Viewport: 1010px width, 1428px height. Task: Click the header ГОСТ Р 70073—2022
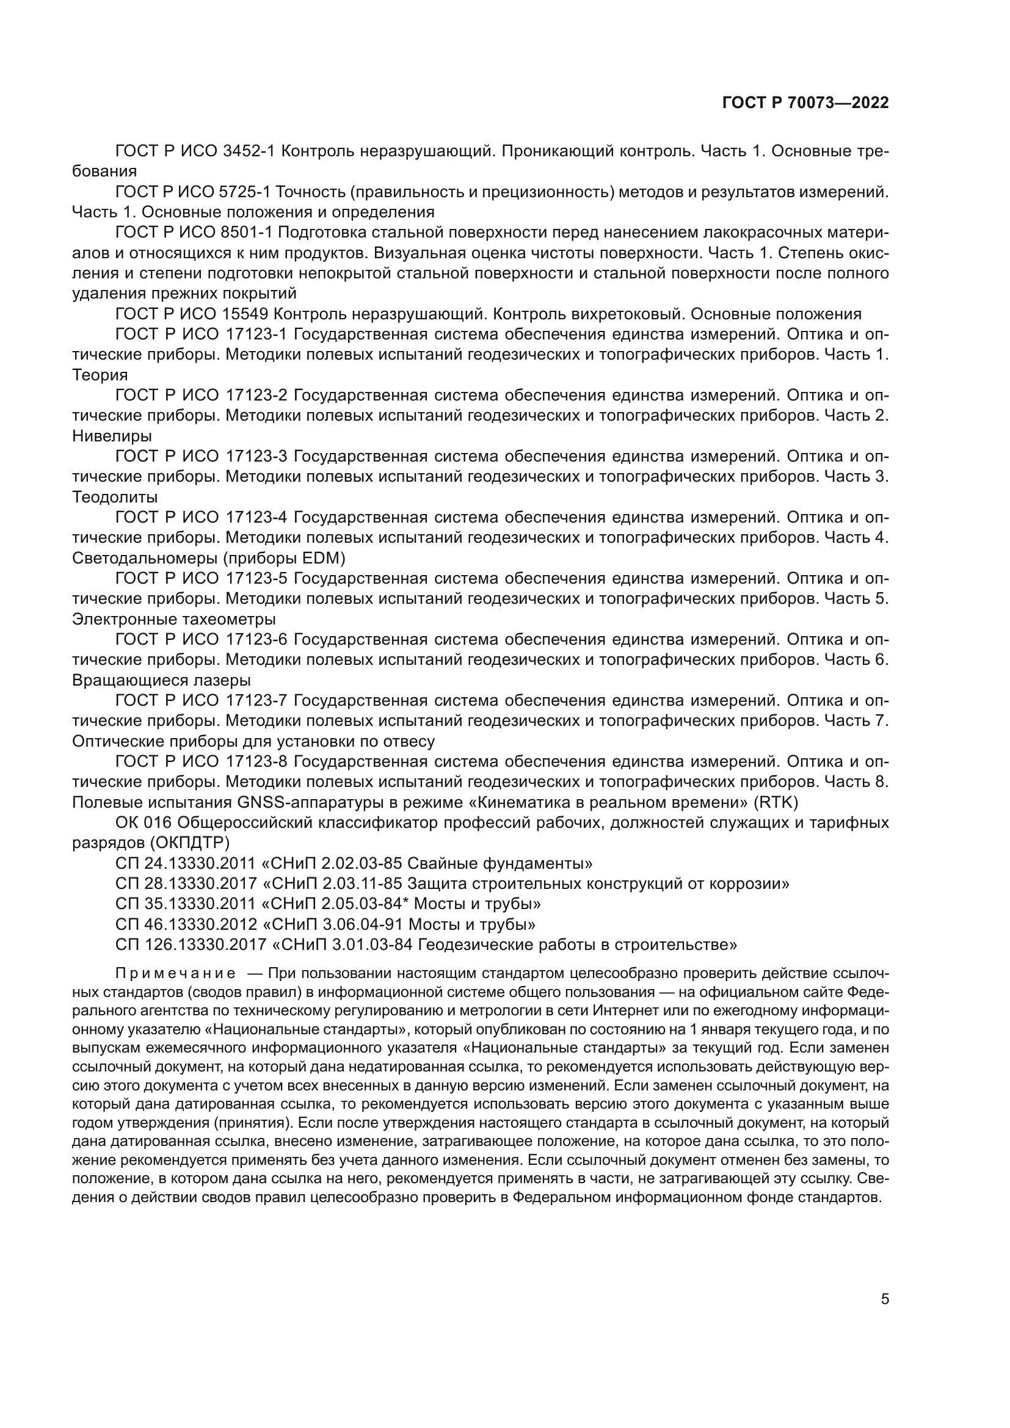click(x=805, y=103)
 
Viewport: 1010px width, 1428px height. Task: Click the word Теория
click(x=100, y=375)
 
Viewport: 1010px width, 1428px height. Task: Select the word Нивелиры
click(x=112, y=436)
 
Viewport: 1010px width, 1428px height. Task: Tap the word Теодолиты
click(x=115, y=497)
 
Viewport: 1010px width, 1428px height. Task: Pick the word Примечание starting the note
click(x=175, y=974)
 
